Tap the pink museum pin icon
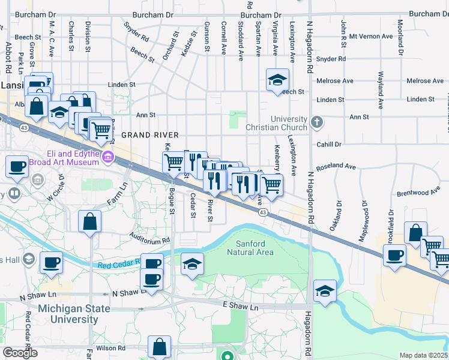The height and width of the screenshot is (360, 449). (108, 158)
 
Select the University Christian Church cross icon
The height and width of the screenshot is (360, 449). (318, 123)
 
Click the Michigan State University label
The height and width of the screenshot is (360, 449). (74, 314)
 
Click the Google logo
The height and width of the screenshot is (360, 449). (20, 353)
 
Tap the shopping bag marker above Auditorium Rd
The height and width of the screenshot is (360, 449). (90, 221)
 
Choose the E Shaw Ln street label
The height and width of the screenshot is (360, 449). (240, 307)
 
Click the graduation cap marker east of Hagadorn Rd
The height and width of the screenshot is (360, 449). (325, 291)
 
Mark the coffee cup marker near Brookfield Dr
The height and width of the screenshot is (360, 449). (395, 255)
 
